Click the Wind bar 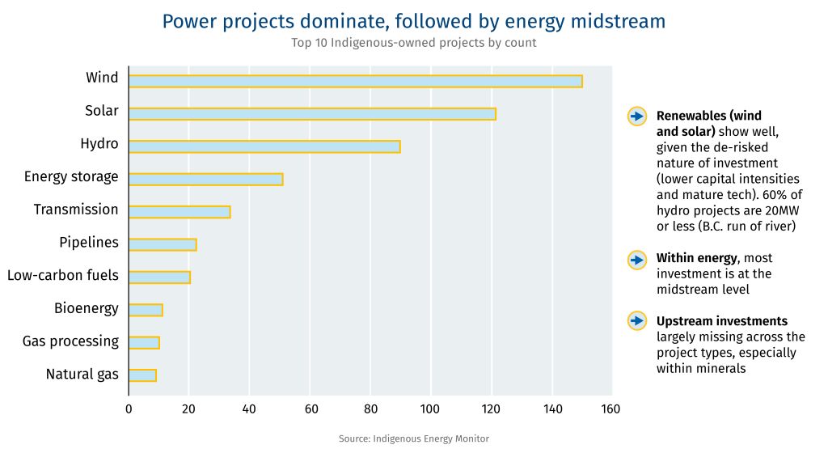[x=355, y=81]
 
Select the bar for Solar [x=312, y=114]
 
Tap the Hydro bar [x=264, y=146]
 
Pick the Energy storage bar [x=205, y=180]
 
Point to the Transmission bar [x=180, y=212]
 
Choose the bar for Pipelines [x=163, y=245]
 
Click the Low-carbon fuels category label [x=63, y=275]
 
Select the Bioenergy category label [x=87, y=308]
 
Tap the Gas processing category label [x=70, y=341]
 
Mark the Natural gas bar [x=142, y=375]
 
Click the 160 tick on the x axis [x=611, y=409]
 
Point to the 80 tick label [x=370, y=409]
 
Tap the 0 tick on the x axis [x=129, y=409]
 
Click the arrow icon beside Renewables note [x=637, y=116]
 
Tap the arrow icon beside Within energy [x=637, y=259]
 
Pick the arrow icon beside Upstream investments [x=637, y=320]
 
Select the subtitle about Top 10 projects [x=414, y=43]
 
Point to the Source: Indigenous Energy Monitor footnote [x=414, y=438]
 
